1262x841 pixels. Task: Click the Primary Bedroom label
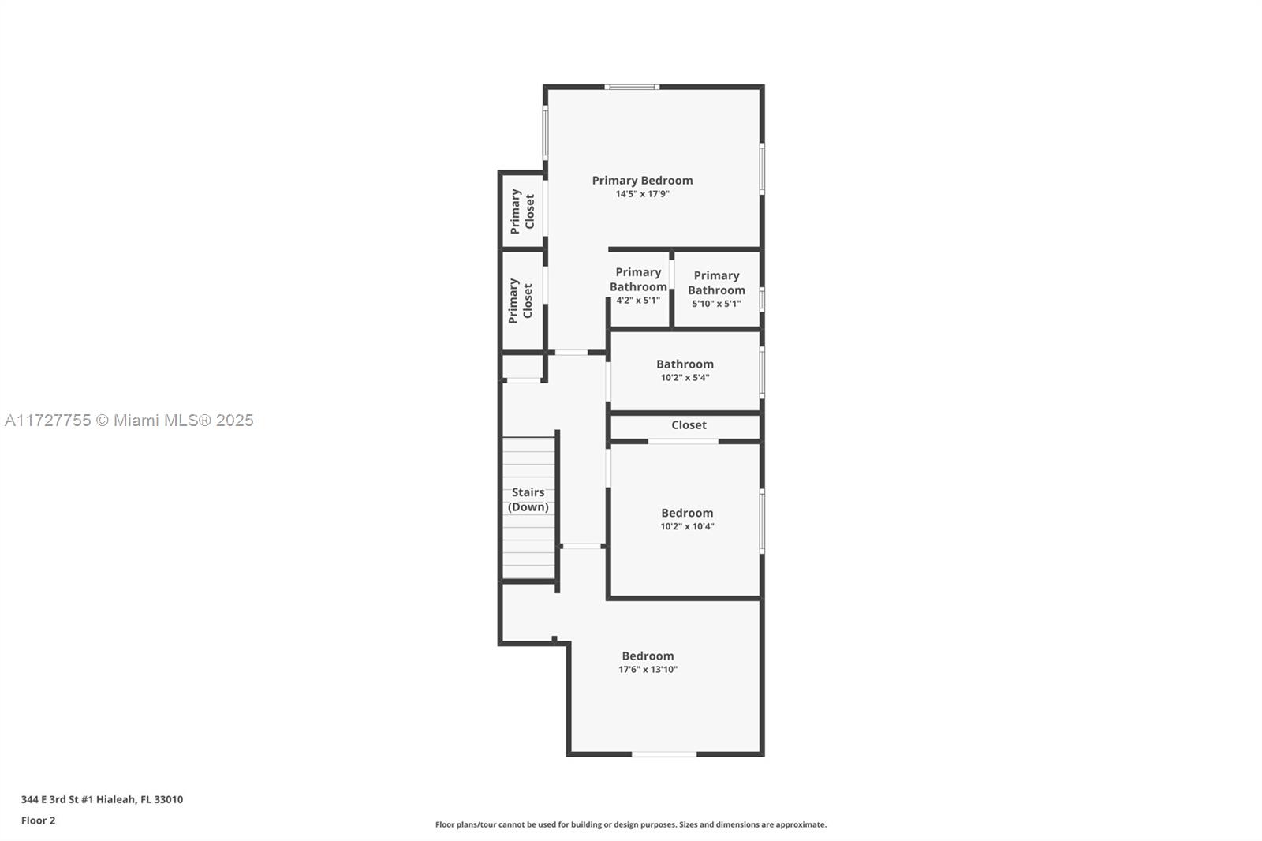point(642,181)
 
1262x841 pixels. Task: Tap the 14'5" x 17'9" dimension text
point(642,194)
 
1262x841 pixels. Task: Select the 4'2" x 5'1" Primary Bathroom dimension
point(638,301)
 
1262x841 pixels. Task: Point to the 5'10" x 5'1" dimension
point(716,303)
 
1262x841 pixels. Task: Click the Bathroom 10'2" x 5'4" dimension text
point(685,378)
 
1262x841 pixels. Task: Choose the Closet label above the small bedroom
point(689,425)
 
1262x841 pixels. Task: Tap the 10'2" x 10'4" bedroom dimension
point(687,526)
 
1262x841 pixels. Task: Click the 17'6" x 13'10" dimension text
point(648,670)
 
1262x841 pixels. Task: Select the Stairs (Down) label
point(528,499)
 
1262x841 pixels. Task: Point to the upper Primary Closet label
point(522,211)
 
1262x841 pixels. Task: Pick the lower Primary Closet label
point(520,301)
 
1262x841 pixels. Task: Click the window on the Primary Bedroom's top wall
point(632,87)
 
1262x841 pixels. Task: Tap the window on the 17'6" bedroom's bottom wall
point(664,753)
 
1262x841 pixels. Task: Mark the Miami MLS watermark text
point(129,420)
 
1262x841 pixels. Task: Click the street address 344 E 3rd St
point(102,799)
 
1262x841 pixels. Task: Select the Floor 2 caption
point(39,820)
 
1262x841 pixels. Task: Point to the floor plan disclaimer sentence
point(631,824)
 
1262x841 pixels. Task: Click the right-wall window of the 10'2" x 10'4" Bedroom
point(762,521)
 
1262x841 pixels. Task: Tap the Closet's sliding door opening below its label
point(683,441)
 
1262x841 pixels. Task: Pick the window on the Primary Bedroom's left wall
point(545,132)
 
